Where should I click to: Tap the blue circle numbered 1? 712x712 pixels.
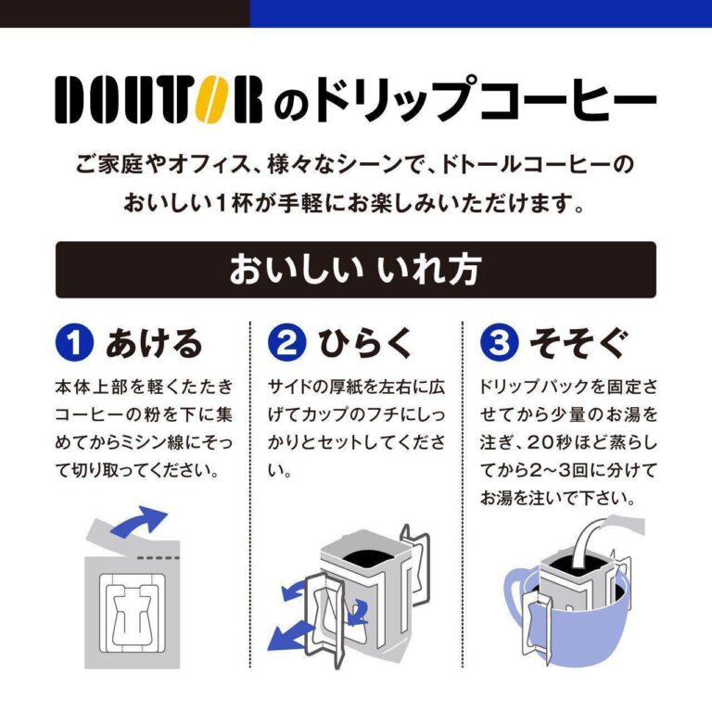point(74,343)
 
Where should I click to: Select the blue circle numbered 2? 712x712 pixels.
point(286,343)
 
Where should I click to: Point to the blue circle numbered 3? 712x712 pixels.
point(499,343)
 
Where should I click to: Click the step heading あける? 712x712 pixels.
point(154,343)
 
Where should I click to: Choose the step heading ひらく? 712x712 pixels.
point(365,343)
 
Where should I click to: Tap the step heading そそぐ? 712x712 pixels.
point(578,343)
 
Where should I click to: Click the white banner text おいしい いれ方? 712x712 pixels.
point(355,270)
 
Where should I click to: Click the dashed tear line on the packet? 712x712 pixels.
point(159,557)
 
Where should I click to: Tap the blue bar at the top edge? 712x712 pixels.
point(481,14)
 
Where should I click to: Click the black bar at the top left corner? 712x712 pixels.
point(125,14)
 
